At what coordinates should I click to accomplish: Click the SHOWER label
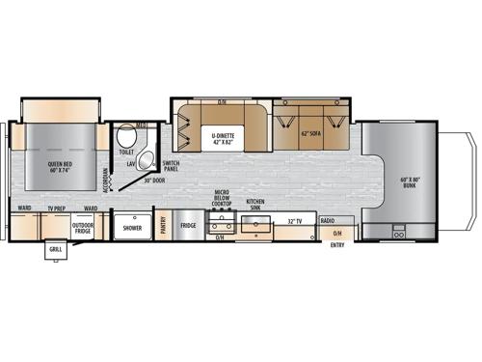pos(132,229)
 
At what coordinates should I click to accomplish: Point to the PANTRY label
pos(165,225)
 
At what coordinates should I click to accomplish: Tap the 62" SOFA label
pos(309,134)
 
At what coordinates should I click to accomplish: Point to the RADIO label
pos(328,221)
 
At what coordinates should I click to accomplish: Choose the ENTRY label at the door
pos(336,244)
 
